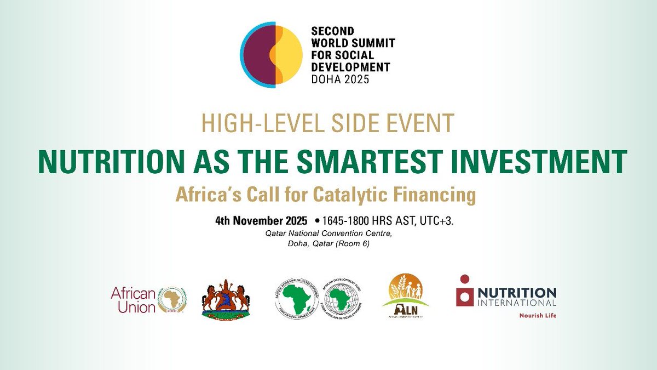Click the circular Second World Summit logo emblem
coord(273,53)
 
